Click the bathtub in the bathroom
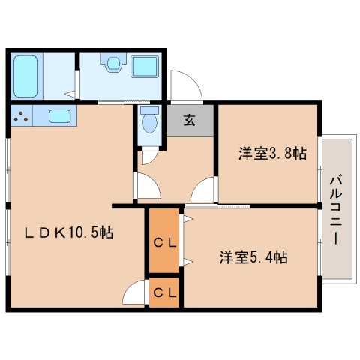coord(27,76)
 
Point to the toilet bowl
coord(148,121)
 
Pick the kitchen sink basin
coord(59,116)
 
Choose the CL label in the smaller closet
coord(164,293)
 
